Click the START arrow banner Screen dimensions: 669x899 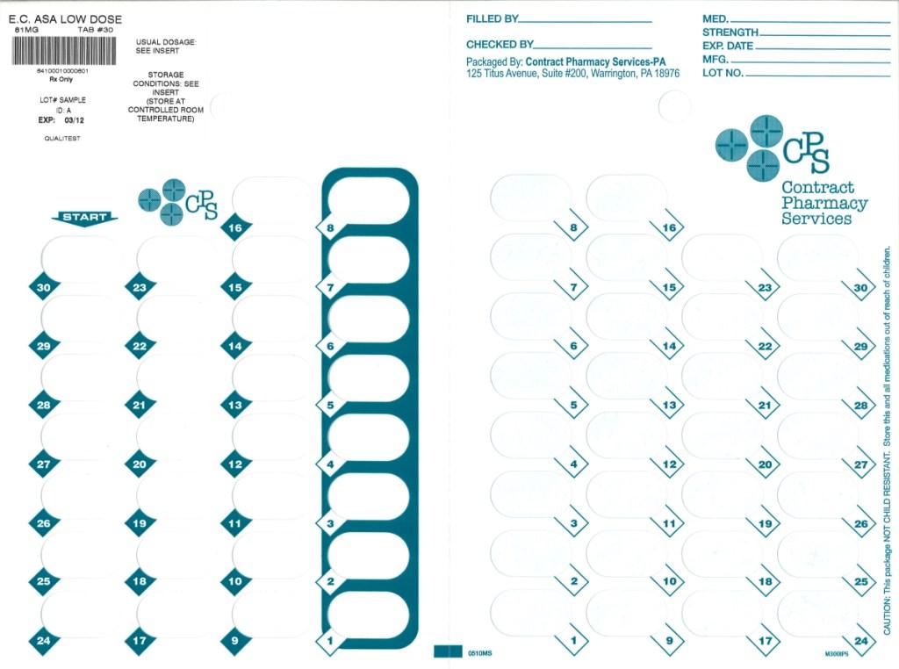[x=84, y=218]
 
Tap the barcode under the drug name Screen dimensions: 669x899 [x=61, y=50]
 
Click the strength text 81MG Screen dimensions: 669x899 [x=27, y=30]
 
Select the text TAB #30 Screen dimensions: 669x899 [x=96, y=30]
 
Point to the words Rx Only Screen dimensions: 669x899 [x=61, y=79]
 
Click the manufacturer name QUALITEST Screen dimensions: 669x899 [x=61, y=138]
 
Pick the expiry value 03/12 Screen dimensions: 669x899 [x=75, y=120]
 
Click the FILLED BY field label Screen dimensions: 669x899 [x=492, y=18]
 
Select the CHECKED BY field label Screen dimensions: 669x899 [x=500, y=44]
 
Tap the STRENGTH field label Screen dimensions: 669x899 [x=730, y=32]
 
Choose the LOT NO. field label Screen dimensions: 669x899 [x=723, y=73]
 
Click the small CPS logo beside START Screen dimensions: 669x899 [x=177, y=200]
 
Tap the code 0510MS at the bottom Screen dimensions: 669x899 [x=479, y=653]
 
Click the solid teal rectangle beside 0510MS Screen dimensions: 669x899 [x=448, y=651]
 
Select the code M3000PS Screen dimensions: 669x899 [x=837, y=654]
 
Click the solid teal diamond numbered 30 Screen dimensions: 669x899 [x=43, y=287]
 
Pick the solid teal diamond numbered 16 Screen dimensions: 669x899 [x=235, y=227]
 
